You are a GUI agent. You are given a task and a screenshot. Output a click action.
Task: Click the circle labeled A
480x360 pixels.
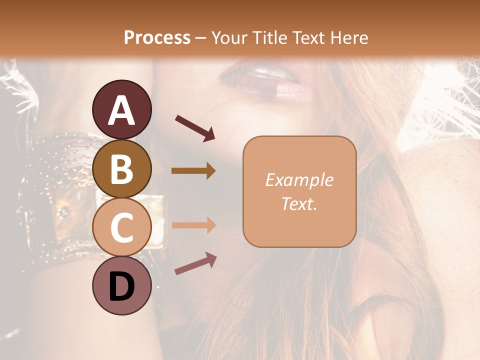(x=122, y=109)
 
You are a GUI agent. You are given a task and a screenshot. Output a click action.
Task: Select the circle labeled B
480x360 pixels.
(x=122, y=168)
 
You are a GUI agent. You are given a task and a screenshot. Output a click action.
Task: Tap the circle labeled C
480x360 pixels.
(x=122, y=227)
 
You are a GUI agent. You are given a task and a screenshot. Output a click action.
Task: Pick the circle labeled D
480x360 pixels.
(x=122, y=285)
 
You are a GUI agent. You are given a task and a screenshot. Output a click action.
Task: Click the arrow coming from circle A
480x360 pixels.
(x=194, y=127)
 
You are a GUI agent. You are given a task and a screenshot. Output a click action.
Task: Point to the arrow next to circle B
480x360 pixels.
(x=193, y=171)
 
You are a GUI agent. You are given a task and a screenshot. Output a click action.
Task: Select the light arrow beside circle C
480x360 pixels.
(x=193, y=225)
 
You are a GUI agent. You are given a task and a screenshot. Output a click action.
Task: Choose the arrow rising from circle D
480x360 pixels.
(x=195, y=263)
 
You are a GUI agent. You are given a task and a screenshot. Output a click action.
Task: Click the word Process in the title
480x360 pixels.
(x=157, y=37)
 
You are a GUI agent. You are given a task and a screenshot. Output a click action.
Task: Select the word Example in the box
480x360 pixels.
(x=299, y=180)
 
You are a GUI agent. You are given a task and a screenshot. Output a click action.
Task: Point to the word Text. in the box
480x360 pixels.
(x=299, y=203)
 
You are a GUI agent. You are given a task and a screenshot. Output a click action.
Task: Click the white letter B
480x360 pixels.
(x=122, y=168)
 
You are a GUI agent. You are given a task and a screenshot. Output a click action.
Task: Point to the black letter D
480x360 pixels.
(x=122, y=286)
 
